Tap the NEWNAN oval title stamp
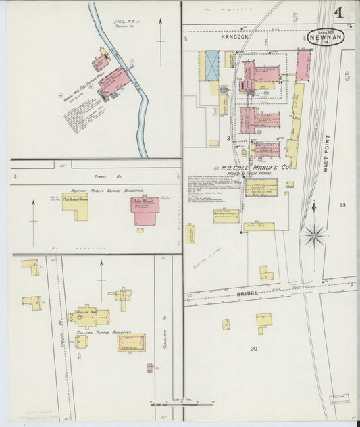(x=326, y=37)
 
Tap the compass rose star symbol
(x=313, y=236)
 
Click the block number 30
(x=254, y=349)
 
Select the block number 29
(x=343, y=205)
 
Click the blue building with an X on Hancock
(x=212, y=66)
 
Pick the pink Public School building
(x=145, y=211)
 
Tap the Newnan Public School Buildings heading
(x=103, y=191)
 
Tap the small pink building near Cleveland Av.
(x=149, y=368)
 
